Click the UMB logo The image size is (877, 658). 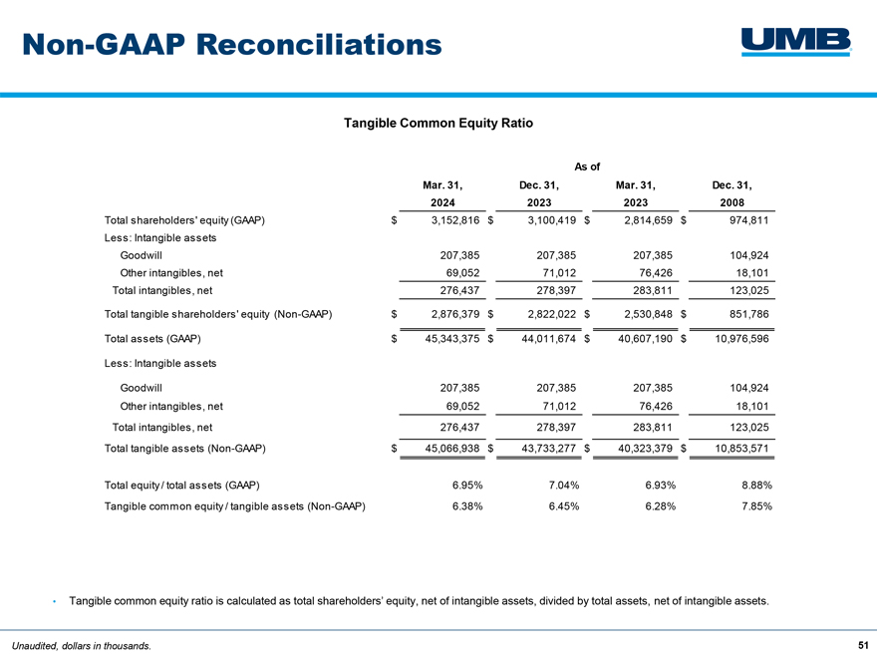795,41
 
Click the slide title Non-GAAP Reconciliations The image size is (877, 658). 232,44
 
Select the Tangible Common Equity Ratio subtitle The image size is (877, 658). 438,124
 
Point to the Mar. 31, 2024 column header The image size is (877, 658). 442,193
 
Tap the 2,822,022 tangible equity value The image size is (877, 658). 547,314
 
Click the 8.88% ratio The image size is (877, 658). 753,485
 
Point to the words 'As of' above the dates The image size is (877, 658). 588,165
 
